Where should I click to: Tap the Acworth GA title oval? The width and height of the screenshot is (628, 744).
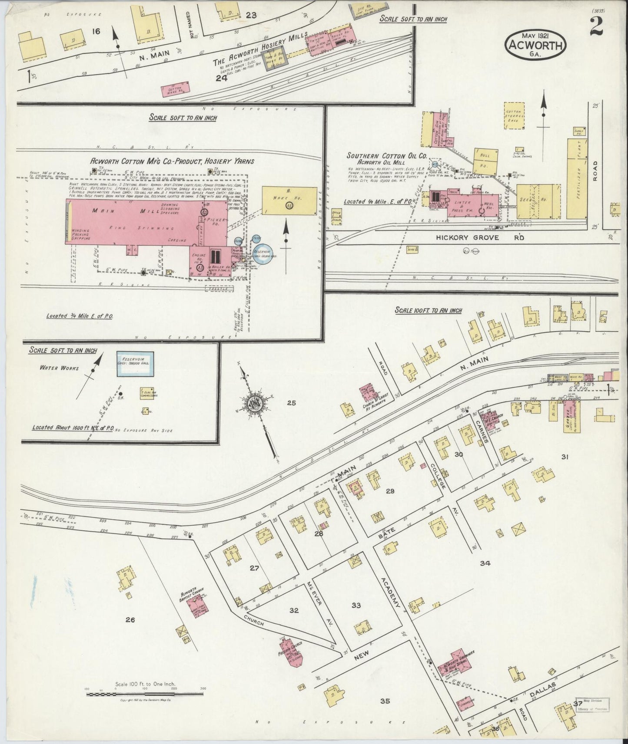(x=535, y=43)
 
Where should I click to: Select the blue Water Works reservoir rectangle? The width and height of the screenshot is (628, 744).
(x=134, y=364)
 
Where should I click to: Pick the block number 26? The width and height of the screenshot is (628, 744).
(x=130, y=620)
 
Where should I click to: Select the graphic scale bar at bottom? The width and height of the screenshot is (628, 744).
(x=144, y=694)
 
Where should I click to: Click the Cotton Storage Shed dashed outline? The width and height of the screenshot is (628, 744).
(x=516, y=115)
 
